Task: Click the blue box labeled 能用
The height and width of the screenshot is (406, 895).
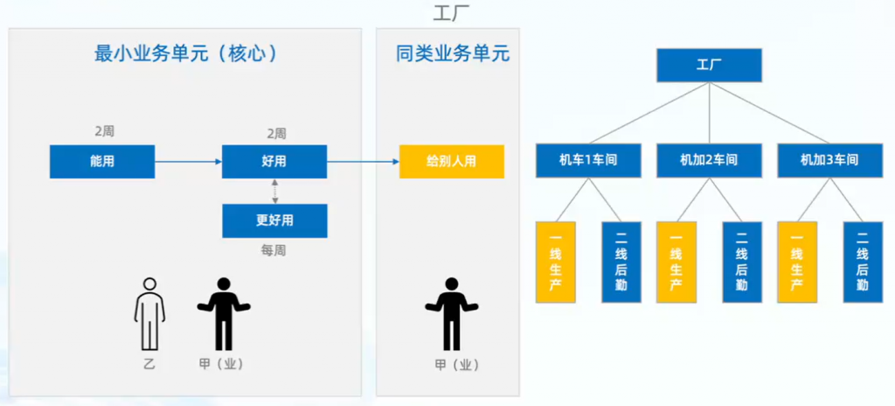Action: (x=101, y=162)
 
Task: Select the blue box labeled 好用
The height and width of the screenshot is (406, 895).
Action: (x=274, y=162)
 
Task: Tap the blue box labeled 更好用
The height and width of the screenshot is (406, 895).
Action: (x=274, y=220)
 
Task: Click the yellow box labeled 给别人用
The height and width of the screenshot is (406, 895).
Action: (x=451, y=162)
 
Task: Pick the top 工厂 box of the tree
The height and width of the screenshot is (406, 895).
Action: (x=709, y=65)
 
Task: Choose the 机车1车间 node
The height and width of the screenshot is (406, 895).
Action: (x=588, y=160)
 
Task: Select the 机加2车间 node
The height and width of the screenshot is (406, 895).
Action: (x=709, y=160)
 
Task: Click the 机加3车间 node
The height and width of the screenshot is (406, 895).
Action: (x=829, y=160)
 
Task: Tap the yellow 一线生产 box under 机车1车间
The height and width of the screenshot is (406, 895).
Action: (x=555, y=262)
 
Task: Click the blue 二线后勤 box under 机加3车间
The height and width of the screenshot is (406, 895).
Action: (x=862, y=262)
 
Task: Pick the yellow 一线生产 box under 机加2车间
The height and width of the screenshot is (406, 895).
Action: (x=676, y=262)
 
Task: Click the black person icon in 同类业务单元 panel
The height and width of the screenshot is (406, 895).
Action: (x=452, y=313)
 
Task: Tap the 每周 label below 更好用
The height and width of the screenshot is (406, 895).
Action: (x=274, y=251)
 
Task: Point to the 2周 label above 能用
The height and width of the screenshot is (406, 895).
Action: (x=104, y=132)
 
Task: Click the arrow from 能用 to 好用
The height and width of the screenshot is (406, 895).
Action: (x=188, y=162)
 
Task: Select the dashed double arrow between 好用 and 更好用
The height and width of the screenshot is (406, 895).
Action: (x=275, y=191)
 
